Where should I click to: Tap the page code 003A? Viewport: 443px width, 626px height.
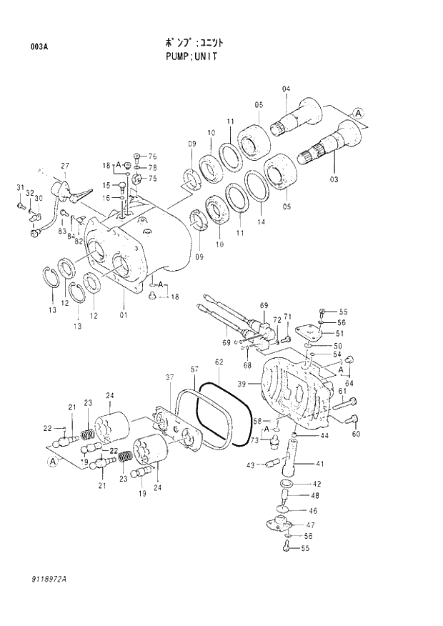click(39, 47)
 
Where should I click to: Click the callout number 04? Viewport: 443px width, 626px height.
click(287, 89)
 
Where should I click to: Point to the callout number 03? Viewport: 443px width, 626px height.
click(333, 179)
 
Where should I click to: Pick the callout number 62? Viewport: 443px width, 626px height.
click(219, 362)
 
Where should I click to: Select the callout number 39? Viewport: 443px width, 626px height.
click(242, 384)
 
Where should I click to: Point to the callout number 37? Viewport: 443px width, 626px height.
click(170, 377)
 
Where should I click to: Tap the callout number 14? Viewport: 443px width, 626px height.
click(260, 222)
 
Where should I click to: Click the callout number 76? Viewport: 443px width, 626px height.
click(152, 156)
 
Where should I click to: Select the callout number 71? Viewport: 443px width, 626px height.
click(287, 317)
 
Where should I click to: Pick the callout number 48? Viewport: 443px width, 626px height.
click(315, 495)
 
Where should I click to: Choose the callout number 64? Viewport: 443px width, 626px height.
click(349, 383)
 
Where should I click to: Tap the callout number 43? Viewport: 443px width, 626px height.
click(251, 466)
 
